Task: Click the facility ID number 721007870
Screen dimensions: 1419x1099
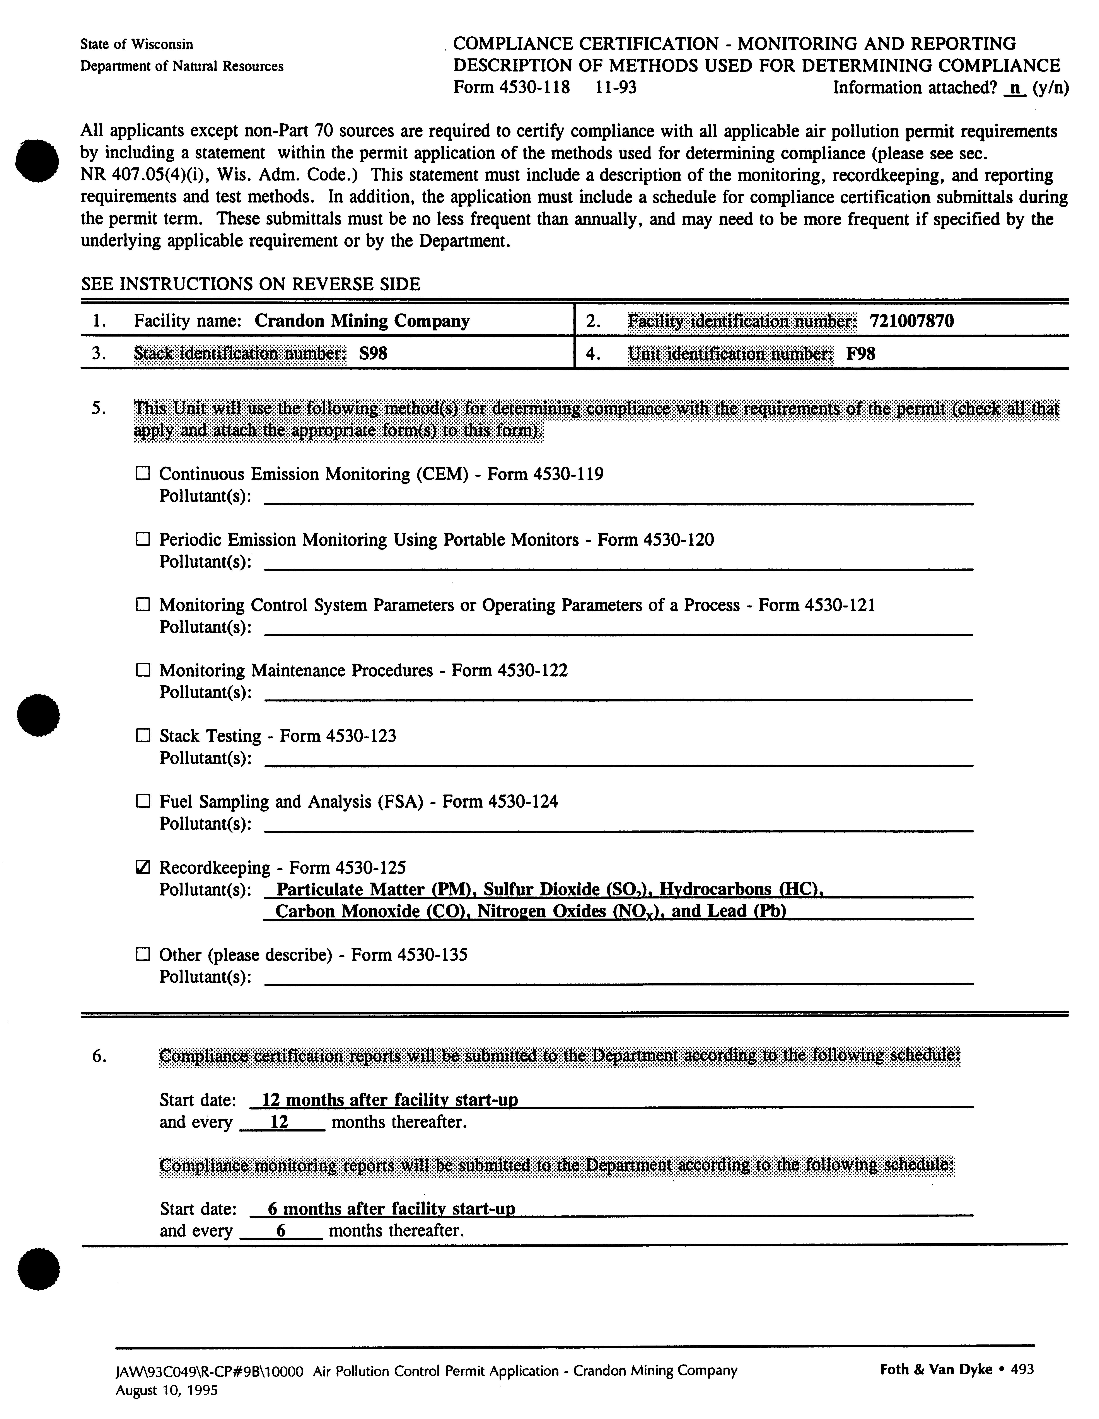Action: [x=911, y=321]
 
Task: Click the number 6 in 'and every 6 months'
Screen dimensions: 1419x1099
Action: [x=281, y=1231]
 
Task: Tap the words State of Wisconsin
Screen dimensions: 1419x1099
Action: [x=137, y=44]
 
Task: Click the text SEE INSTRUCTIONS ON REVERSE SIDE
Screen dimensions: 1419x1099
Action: [x=250, y=284]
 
